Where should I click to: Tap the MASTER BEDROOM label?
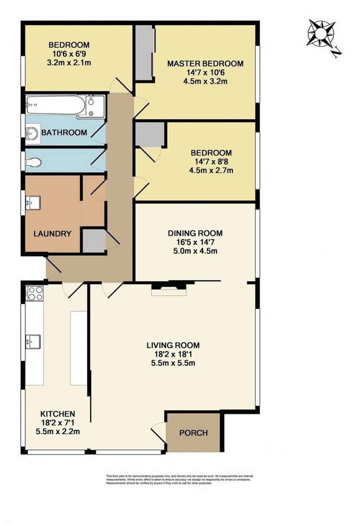click(205, 63)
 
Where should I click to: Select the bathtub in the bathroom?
click(57, 103)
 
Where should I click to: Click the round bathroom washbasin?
click(33, 132)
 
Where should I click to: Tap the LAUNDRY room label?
click(52, 234)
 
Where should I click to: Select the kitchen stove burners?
click(36, 293)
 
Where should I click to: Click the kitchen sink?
click(33, 342)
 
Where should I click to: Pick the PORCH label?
click(193, 433)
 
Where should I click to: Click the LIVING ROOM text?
click(173, 345)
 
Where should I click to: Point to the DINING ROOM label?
click(195, 233)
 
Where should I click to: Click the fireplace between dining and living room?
click(168, 288)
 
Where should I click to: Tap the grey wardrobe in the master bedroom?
click(144, 53)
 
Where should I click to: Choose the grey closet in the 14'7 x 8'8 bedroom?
click(150, 134)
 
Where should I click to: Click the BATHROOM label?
click(64, 132)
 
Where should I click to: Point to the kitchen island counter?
click(78, 347)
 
